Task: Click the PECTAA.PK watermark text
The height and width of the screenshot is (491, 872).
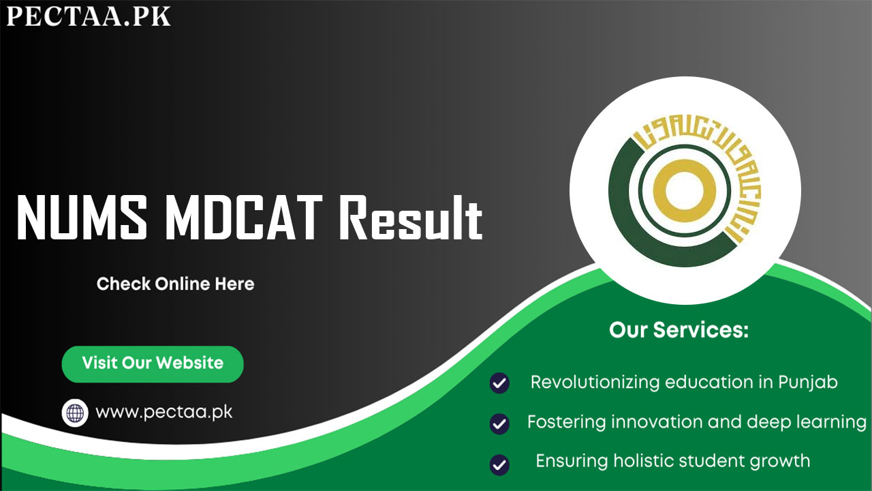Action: tap(89, 16)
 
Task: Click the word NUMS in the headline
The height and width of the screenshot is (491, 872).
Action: tap(82, 218)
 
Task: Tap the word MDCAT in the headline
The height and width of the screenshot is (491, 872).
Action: tap(244, 218)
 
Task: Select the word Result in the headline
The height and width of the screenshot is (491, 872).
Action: tap(411, 218)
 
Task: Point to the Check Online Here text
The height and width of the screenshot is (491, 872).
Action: tap(176, 284)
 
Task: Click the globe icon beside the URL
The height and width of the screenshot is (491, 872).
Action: tap(75, 413)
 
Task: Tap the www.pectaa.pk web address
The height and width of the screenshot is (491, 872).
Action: tap(164, 413)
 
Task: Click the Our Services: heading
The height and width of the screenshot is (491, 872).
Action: tap(679, 329)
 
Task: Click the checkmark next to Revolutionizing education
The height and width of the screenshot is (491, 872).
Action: tap(499, 383)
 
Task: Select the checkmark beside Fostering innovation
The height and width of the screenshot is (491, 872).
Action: tap(499, 423)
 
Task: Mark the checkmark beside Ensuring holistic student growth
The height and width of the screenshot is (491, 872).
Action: tap(499, 464)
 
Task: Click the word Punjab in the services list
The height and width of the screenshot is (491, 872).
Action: tap(808, 383)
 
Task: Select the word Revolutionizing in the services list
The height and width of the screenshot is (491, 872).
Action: tap(595, 383)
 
